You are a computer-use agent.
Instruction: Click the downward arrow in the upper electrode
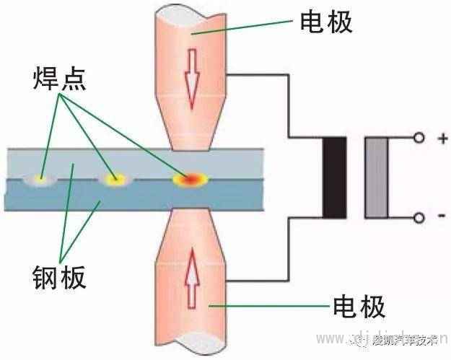coord(192,77)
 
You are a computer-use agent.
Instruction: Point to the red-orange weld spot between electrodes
coord(191,177)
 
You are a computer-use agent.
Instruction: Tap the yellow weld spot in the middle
coord(112,177)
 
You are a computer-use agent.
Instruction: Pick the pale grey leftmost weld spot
coord(41,177)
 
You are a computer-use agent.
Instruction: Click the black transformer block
coord(334,177)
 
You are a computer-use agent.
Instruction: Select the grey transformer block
coord(377,177)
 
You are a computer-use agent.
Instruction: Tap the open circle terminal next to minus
coord(419,217)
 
